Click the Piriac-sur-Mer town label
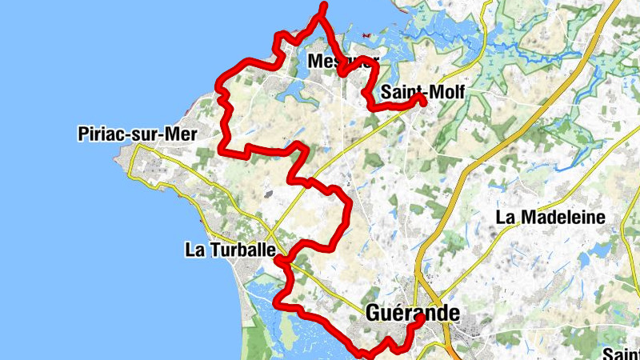(x=137, y=134)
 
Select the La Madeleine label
(x=550, y=217)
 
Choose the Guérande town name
(x=413, y=313)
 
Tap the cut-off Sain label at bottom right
(x=622, y=354)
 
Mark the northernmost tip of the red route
(x=324, y=6)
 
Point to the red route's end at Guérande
(x=420, y=318)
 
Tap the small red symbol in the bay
(x=366, y=35)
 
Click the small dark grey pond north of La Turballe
(x=267, y=194)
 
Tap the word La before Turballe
(x=195, y=250)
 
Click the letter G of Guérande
(x=374, y=314)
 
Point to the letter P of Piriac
(x=84, y=134)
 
